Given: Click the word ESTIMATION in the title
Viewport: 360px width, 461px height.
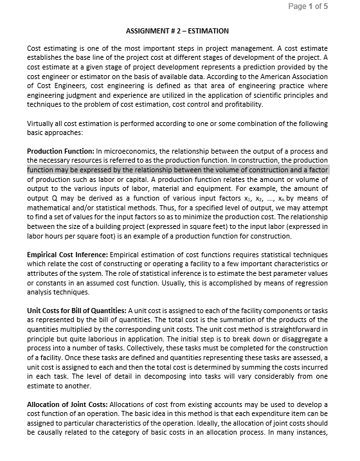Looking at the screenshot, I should coord(208,31).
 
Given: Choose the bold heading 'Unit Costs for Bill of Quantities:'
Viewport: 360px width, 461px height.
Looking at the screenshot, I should coord(77,311).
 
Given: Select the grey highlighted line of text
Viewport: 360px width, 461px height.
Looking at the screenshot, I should coord(177,170).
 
